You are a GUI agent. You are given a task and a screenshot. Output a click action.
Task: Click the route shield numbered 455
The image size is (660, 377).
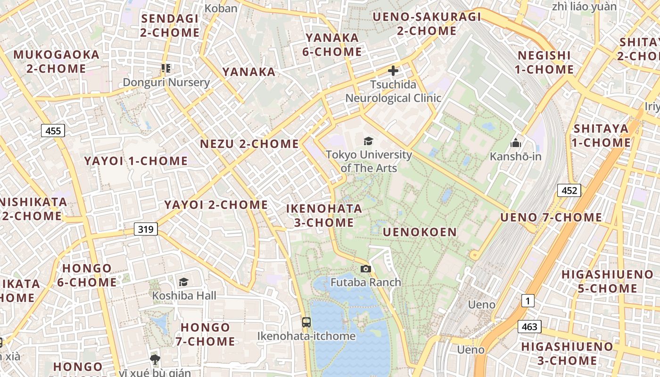coord(53,131)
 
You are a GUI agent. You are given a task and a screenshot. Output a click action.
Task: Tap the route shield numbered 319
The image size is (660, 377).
coord(146,229)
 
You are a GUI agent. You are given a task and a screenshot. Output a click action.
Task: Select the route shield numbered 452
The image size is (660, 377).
coord(569,190)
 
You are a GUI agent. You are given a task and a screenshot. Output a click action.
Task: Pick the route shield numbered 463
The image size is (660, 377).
coord(529,327)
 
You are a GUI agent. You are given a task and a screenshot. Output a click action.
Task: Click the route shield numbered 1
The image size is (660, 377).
coord(528,300)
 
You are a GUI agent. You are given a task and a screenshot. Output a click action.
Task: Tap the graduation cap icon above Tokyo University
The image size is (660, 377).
coord(368,141)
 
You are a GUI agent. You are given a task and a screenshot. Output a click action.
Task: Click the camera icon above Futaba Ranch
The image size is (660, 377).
coord(365,269)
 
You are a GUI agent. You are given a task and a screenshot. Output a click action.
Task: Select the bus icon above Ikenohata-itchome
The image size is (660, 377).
coord(306,322)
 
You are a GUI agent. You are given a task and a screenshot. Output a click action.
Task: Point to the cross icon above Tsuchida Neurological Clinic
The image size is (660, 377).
coord(393,71)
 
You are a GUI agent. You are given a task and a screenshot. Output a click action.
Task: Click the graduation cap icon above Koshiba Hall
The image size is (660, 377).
coord(183,282)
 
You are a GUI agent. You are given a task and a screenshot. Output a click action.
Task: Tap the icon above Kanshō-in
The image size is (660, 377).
coord(516,142)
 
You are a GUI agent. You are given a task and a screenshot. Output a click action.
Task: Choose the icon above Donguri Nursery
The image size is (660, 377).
coord(165,69)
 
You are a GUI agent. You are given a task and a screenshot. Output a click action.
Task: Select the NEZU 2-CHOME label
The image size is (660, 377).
coord(249,144)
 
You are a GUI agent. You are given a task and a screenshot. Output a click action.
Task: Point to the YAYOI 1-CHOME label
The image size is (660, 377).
coord(136,161)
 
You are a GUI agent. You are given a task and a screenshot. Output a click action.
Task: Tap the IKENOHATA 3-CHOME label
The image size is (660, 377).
coord(324,215)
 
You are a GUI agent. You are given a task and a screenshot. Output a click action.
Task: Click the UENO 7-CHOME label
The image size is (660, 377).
coord(551,217)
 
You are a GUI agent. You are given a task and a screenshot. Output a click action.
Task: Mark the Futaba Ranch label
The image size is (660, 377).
coord(365,282)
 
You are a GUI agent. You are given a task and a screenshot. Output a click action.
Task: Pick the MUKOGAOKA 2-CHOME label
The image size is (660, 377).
coord(56,62)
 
